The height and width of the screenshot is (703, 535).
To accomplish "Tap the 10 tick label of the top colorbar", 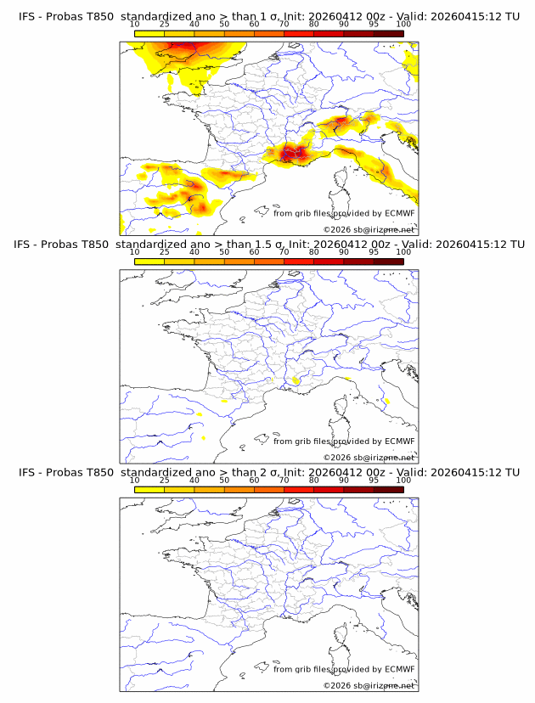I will tap(134, 25).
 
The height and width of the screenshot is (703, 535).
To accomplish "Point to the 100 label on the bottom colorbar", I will tap(403, 480).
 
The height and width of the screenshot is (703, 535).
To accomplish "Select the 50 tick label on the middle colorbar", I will tap(224, 252).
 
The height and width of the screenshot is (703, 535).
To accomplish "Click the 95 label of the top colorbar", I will tap(374, 25).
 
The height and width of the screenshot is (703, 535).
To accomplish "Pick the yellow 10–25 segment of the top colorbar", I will tap(149, 34).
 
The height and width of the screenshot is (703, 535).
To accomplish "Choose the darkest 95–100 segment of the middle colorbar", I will tap(389, 262).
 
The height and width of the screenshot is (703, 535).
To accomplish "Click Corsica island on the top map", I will tap(341, 182).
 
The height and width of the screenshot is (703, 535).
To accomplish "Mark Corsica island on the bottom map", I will tap(341, 637).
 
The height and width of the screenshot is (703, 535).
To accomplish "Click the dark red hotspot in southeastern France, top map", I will tap(294, 153).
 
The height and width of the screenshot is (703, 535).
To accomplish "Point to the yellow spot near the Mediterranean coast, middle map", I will tap(296, 380).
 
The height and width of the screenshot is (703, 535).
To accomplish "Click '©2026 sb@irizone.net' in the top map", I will tap(369, 229).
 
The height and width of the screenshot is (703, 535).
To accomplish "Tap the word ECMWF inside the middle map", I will tap(399, 441).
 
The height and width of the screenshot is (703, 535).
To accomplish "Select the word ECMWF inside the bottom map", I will tap(399, 668).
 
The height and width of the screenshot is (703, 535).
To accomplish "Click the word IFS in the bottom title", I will tap(27, 472).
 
